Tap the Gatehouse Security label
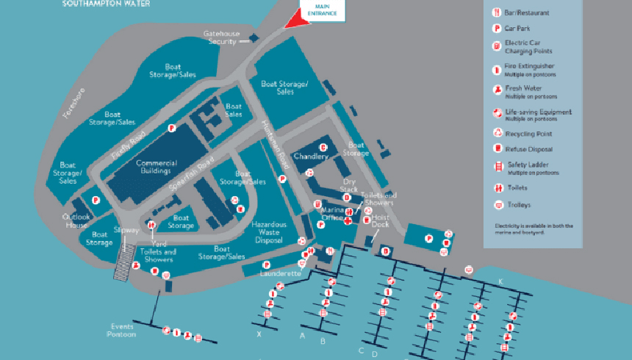pyautogui.click(x=220, y=37)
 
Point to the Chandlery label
pyautogui.click(x=310, y=156)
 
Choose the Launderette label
pyautogui.click(x=281, y=273)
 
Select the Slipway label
pyautogui.click(x=126, y=230)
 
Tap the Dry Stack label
pyautogui.click(x=348, y=184)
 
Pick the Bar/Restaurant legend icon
pyautogui.click(x=496, y=12)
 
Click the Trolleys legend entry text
pyautogui.click(x=517, y=205)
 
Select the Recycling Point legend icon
pyautogui.click(x=496, y=134)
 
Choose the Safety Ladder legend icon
pyautogui.click(x=496, y=168)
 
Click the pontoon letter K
pyautogui.click(x=500, y=281)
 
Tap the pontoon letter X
pyautogui.click(x=259, y=334)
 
